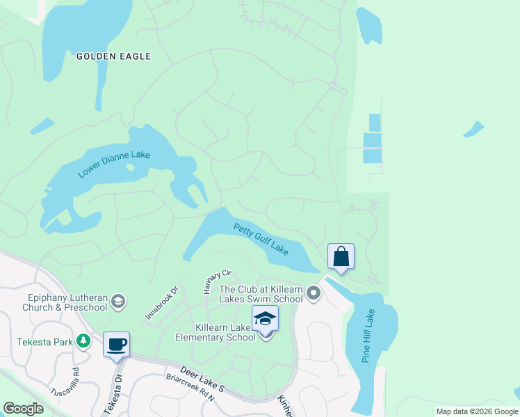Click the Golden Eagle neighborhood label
[114, 56]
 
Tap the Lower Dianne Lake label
[114, 164]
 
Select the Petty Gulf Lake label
[261, 238]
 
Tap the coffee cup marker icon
[116, 344]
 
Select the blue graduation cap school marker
[265, 318]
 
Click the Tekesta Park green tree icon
[83, 341]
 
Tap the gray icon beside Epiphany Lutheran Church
[117, 301]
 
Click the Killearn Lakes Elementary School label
[216, 332]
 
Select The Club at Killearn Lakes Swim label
[261, 294]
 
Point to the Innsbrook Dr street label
[162, 302]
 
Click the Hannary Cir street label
[216, 282]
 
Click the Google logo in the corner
[23, 409]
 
